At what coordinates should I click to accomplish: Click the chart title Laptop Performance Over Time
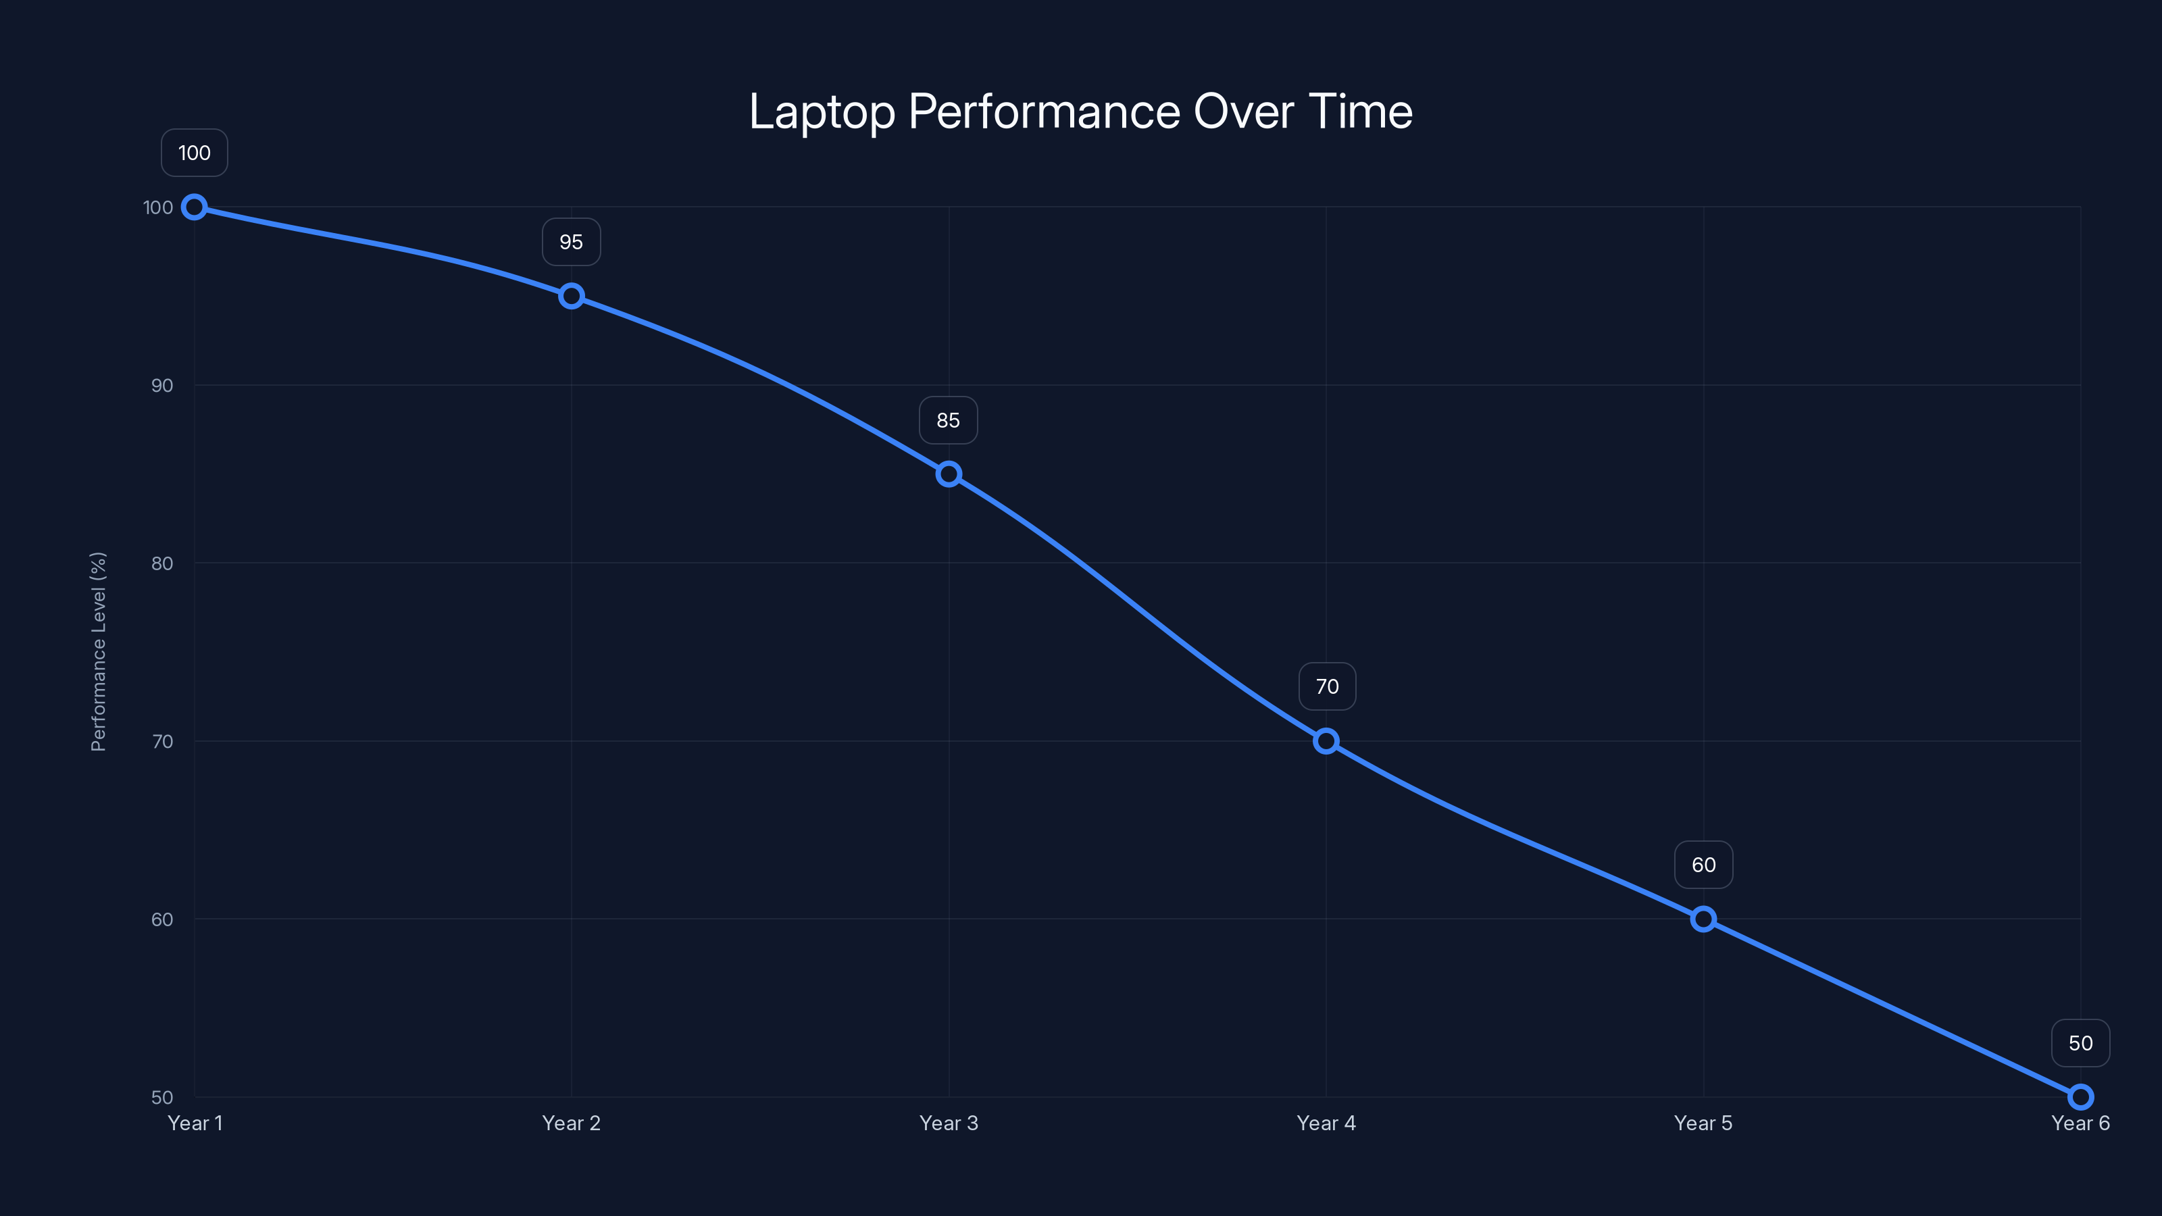coord(1080,111)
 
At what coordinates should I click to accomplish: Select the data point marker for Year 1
coord(195,207)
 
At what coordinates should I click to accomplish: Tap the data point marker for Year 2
coord(572,297)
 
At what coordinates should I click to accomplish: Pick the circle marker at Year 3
coord(949,474)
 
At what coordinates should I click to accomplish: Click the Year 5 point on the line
coord(1703,919)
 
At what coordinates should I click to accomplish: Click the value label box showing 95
coord(572,243)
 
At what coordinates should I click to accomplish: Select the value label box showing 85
coord(949,420)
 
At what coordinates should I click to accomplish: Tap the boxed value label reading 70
coord(1327,686)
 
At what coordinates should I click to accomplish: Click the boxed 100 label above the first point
coord(195,153)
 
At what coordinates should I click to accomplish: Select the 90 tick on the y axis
coord(162,385)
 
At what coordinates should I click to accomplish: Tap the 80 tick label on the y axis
coord(162,563)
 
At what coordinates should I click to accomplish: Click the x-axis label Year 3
coord(949,1123)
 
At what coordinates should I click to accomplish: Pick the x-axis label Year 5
coord(1703,1123)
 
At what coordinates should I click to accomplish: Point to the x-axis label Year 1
coord(195,1123)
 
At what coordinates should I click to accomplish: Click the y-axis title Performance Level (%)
coord(98,651)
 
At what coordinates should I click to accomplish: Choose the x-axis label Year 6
coord(2080,1123)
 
